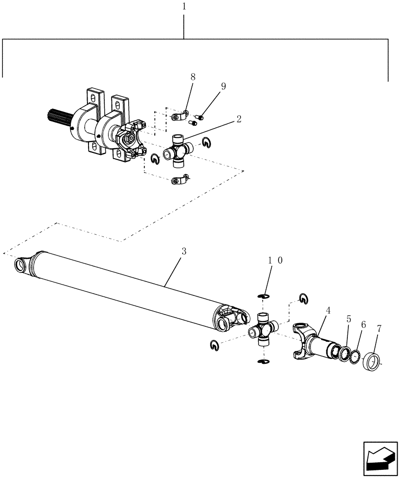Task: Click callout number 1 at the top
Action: click(185, 7)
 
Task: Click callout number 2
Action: click(238, 119)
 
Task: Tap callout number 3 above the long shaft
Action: click(183, 250)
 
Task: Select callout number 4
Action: click(328, 310)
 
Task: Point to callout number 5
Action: click(349, 318)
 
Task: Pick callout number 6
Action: click(363, 325)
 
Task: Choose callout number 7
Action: click(379, 329)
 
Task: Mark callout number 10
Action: click(275, 260)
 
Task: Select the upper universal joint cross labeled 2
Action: click(177, 152)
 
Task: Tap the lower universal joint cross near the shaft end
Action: click(262, 329)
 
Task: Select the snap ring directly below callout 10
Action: click(263, 297)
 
